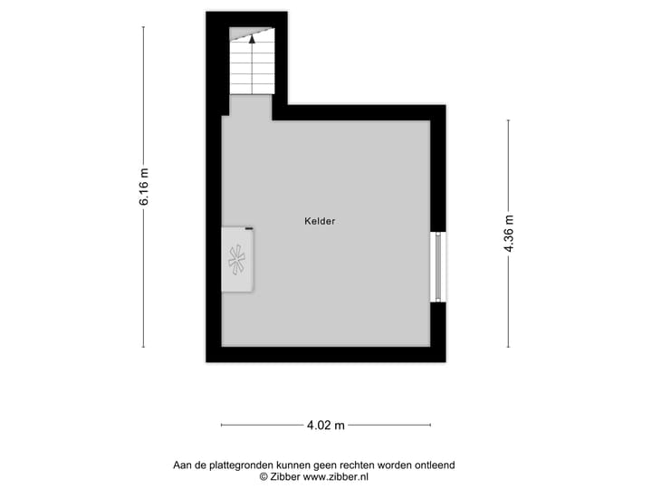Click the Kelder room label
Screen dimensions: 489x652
(x=321, y=220)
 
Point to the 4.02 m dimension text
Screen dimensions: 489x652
(x=326, y=425)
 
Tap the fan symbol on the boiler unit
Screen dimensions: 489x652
(x=238, y=261)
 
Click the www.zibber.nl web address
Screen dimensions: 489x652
(x=336, y=476)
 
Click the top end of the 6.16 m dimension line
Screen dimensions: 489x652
(x=144, y=27)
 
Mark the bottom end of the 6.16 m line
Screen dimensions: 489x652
(x=144, y=347)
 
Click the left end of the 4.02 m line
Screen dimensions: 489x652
(x=222, y=425)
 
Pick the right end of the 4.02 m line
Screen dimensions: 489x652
(x=430, y=425)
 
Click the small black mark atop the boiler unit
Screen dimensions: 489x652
(x=248, y=229)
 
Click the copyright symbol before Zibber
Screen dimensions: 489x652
(x=264, y=476)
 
